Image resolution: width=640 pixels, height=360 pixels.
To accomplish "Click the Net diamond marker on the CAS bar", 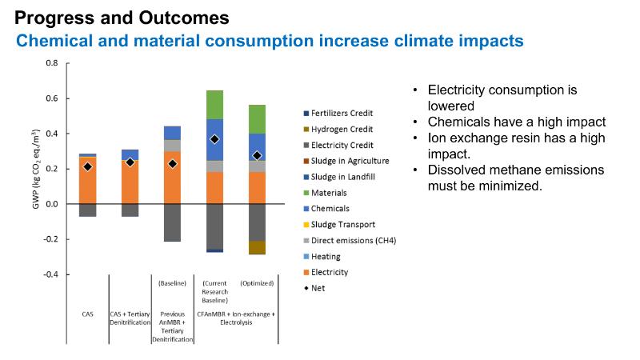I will click(x=88, y=167).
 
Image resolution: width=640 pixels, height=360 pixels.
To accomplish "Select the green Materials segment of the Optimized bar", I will click(x=257, y=118).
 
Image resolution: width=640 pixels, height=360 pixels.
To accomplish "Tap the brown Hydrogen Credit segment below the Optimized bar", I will click(x=257, y=247).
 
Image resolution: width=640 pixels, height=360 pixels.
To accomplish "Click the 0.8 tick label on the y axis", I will click(x=52, y=63).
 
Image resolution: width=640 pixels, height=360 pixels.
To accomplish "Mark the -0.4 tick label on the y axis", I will click(x=50, y=274).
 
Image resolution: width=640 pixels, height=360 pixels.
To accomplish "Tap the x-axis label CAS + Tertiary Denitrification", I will click(x=130, y=319).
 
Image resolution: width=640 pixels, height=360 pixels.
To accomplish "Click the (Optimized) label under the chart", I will click(x=257, y=283).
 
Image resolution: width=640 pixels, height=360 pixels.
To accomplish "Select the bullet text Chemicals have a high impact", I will click(x=516, y=122).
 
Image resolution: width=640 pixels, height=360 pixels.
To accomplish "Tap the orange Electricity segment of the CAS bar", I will click(x=88, y=184).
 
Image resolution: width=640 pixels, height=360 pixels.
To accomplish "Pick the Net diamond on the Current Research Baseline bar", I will click(x=214, y=139).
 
